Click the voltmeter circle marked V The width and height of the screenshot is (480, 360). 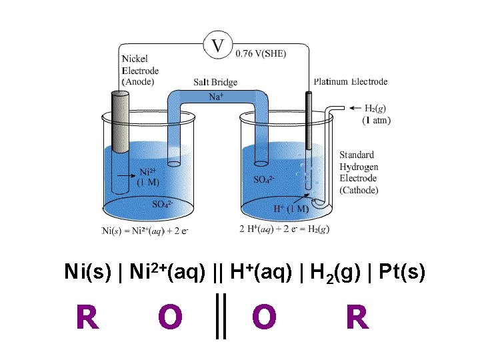pos(217,46)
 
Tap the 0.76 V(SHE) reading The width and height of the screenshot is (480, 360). pos(261,53)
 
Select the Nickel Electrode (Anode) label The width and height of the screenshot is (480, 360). pos(141,70)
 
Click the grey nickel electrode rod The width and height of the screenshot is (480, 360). pos(121,123)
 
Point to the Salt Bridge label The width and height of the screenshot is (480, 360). pos(215,82)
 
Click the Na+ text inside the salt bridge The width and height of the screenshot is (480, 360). pos(217,97)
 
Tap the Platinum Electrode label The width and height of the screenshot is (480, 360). pos(351,82)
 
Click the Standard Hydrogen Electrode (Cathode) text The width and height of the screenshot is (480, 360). pos(359,173)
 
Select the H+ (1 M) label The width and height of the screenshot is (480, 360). pos(291,208)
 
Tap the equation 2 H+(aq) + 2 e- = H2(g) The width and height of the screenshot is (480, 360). pos(284,229)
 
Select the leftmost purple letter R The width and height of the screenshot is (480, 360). pos(87,317)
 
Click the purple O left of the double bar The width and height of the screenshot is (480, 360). pos(171,317)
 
